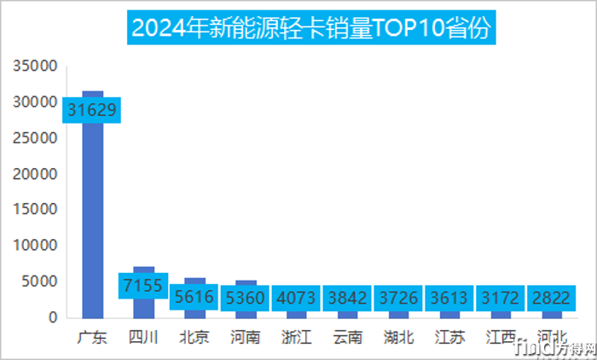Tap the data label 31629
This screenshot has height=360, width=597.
[92, 109]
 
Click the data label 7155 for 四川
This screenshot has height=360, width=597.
[143, 285]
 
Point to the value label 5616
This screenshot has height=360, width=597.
[194, 299]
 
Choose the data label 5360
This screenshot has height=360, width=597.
[246, 299]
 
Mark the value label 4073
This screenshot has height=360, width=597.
[297, 299]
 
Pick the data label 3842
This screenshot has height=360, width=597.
[348, 299]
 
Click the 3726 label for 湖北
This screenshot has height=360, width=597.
[399, 299]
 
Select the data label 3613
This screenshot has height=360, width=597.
[450, 299]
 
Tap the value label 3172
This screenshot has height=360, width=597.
[501, 299]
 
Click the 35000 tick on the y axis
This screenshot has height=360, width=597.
[37, 66]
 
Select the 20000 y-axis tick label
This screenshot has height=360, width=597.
[37, 173]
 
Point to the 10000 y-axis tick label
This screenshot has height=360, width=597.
[37, 246]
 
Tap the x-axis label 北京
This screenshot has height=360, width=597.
[194, 336]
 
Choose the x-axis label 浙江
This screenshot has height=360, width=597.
[297, 336]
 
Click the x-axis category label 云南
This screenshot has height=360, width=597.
[348, 336]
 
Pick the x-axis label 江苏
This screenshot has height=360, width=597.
[450, 336]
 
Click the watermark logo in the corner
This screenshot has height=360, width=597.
[554, 345]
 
